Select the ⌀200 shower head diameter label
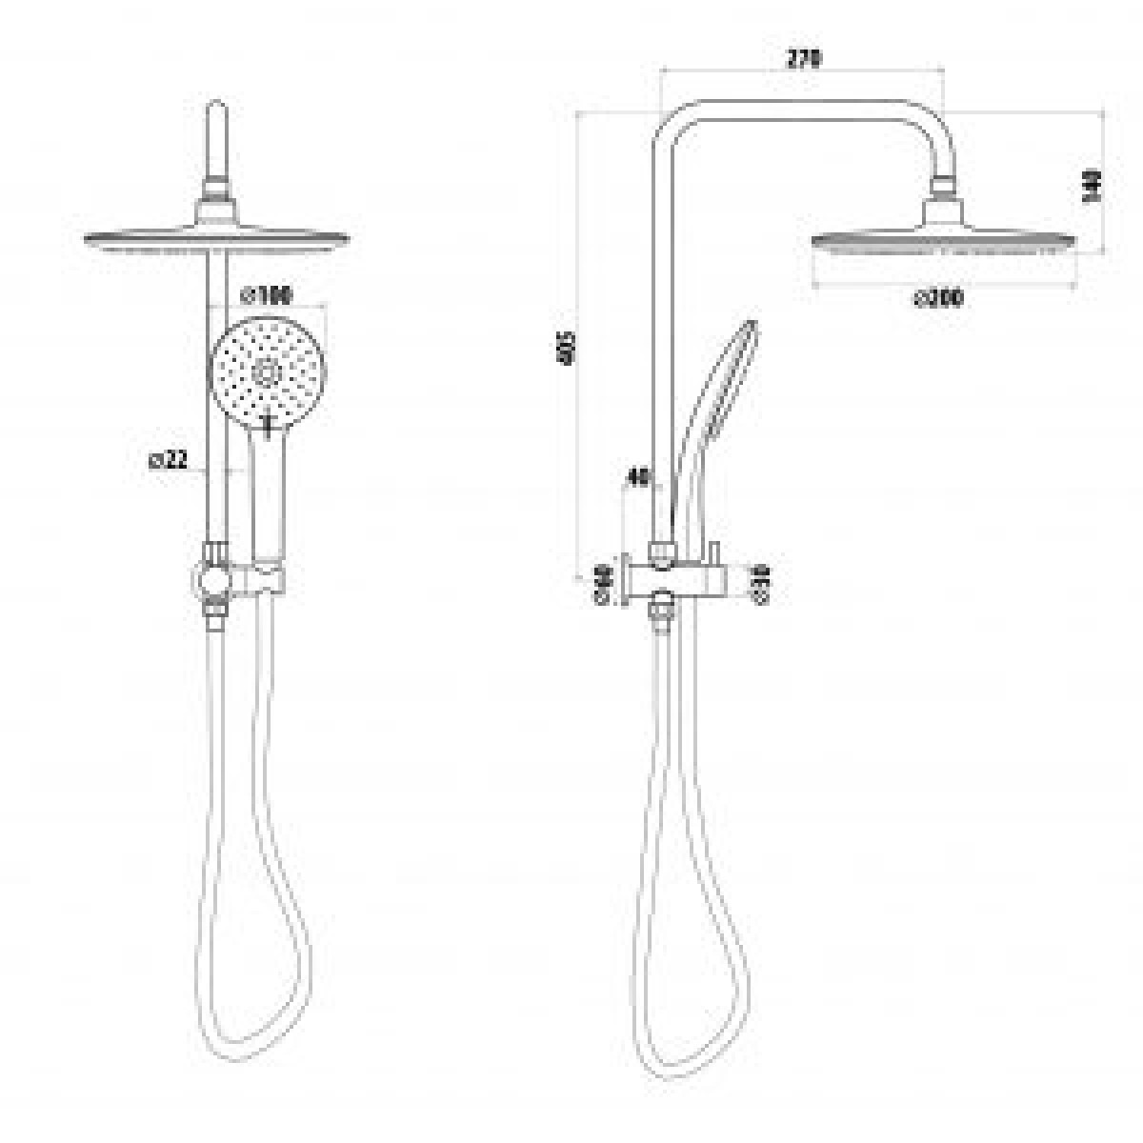tap(939, 298)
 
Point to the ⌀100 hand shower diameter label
tap(267, 296)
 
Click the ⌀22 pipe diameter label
tap(168, 461)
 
